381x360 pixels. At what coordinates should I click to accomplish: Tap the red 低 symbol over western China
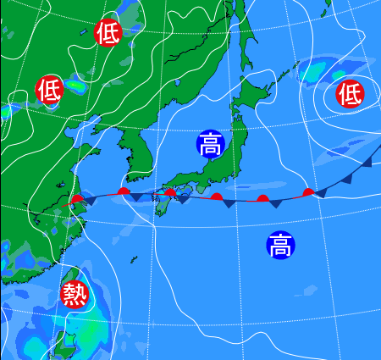point(49,87)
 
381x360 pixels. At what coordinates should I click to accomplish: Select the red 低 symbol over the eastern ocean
point(350,93)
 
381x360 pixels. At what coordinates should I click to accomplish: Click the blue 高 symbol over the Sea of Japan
point(210,144)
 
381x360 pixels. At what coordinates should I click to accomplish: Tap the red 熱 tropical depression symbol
point(75,294)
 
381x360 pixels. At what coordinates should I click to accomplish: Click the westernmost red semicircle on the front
point(78,200)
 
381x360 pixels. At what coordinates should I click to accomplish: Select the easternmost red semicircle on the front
point(309,192)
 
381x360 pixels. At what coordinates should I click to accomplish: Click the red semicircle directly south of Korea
point(124,192)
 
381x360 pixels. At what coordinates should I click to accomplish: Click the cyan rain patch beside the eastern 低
point(323,73)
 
